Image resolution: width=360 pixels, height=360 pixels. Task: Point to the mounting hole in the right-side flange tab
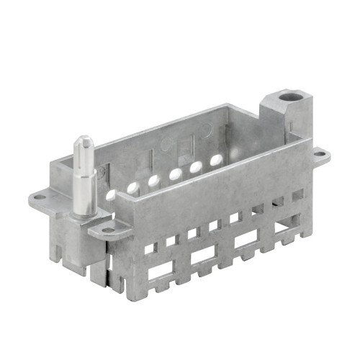point(318,153)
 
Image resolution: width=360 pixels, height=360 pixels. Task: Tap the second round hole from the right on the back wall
point(195,167)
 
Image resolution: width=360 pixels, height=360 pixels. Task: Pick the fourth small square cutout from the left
point(213,226)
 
